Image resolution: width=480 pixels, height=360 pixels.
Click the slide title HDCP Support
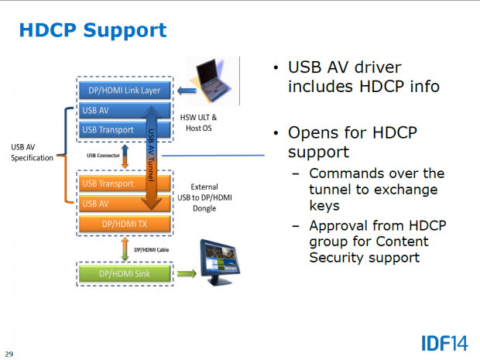(92, 30)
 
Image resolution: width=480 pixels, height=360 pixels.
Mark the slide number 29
(9, 354)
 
